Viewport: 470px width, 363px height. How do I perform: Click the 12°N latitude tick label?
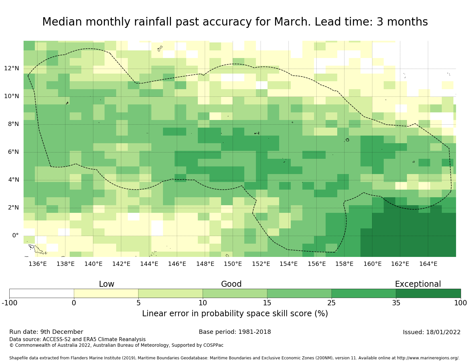point(11,69)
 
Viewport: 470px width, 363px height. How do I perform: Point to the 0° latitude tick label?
point(15,236)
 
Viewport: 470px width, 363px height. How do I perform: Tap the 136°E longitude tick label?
point(38,264)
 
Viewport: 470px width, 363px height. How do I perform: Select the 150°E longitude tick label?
point(233,264)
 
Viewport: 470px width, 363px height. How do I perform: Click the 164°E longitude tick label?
point(428,264)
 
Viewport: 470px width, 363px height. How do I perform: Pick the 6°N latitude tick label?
point(11,152)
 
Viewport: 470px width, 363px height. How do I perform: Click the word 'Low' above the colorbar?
point(107,284)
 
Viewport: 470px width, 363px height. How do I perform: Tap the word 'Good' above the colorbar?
point(231,284)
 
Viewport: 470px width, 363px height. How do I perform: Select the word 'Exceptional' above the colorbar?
point(418,284)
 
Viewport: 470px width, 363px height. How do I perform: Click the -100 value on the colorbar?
point(9,303)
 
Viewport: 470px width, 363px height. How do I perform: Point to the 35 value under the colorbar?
point(396,303)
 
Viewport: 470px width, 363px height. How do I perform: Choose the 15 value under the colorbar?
point(267,303)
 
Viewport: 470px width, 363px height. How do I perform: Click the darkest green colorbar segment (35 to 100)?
point(428,293)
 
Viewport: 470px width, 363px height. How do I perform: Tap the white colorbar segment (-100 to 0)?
point(41,293)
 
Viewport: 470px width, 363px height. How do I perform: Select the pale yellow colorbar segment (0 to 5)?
point(106,293)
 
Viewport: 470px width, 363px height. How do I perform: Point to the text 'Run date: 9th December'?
point(46,332)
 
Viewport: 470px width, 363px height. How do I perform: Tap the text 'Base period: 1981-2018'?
point(235,332)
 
